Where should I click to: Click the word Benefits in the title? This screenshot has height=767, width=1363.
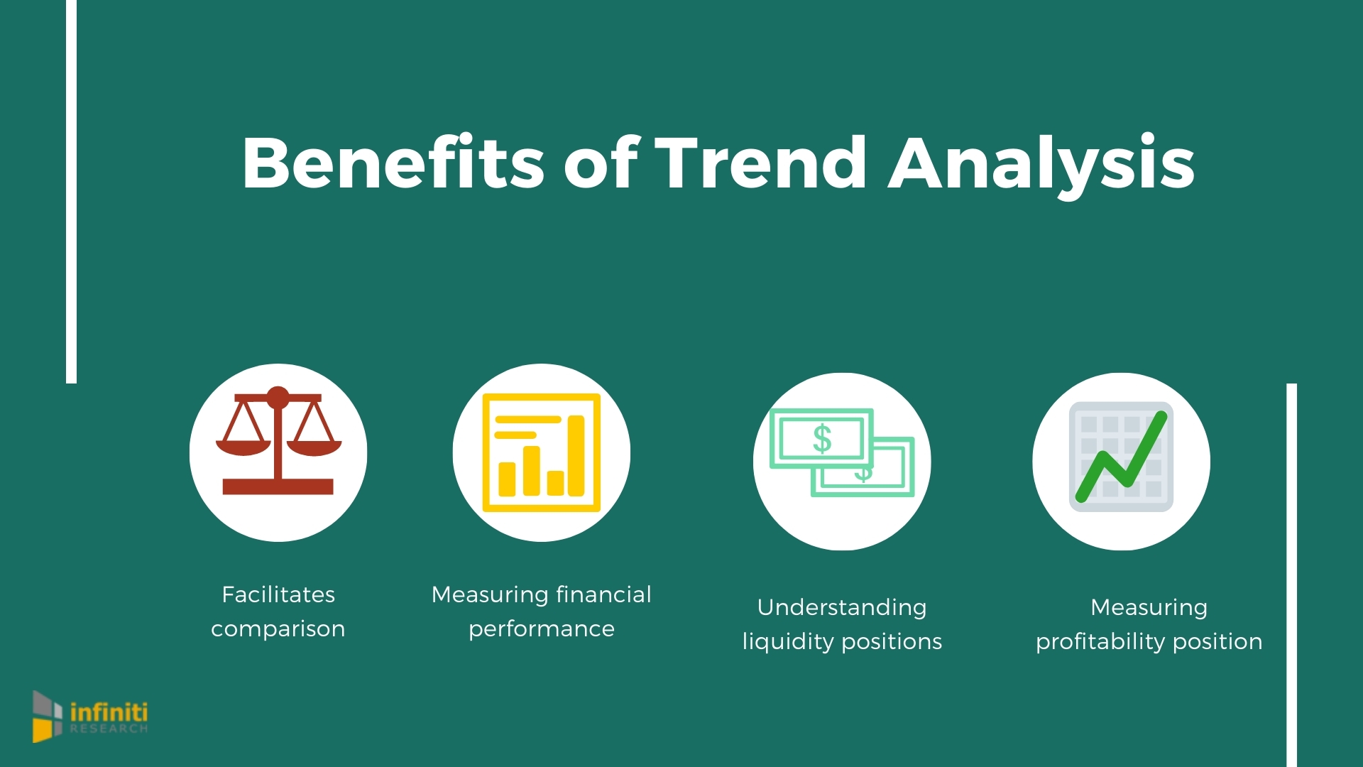(393, 163)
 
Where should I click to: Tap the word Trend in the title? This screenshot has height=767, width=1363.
(760, 163)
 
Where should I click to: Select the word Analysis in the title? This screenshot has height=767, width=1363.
(1041, 165)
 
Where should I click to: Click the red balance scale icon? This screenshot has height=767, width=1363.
(278, 443)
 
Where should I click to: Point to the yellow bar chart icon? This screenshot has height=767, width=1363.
(541, 452)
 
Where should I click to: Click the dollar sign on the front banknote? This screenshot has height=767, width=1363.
(822, 438)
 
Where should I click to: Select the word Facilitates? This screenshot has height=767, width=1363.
(278, 594)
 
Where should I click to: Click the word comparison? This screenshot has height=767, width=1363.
(278, 629)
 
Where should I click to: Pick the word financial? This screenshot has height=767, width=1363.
(603, 594)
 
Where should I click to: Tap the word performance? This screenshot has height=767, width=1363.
(542, 629)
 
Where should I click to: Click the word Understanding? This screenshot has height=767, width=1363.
(842, 607)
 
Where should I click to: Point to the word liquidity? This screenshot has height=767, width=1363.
(788, 642)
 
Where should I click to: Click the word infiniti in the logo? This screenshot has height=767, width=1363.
(109, 712)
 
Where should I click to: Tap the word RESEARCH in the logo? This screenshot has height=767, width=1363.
(109, 729)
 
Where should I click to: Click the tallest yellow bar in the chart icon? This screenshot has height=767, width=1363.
(576, 456)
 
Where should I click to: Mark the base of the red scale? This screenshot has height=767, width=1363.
(278, 486)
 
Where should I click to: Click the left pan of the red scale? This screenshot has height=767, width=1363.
(243, 447)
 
